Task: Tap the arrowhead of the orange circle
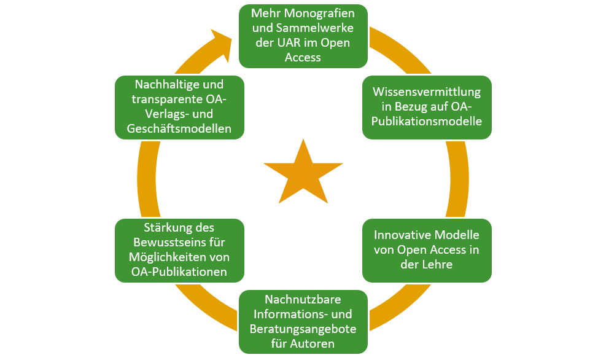tap(220, 43)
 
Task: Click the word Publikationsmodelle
tap(427, 121)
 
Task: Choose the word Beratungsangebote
tap(303, 329)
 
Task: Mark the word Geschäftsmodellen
tap(180, 128)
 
